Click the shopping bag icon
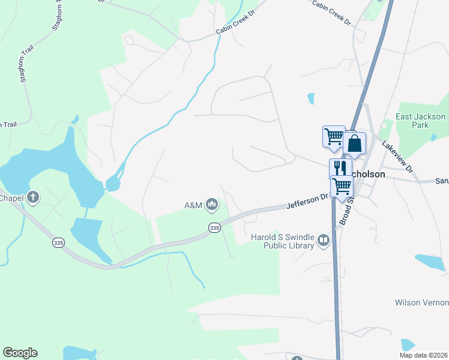tap(355, 144)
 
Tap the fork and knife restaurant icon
tap(340, 167)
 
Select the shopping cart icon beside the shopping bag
tap(333, 136)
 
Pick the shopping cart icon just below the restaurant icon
tap(342, 186)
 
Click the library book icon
tap(324, 241)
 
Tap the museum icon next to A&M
tap(211, 205)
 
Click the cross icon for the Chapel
tap(33, 197)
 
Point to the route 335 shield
tap(215, 227)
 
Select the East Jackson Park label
tap(420, 121)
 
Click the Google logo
tap(20, 353)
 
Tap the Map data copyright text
tap(424, 355)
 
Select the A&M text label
tap(193, 205)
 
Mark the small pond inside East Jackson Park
tap(433, 137)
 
